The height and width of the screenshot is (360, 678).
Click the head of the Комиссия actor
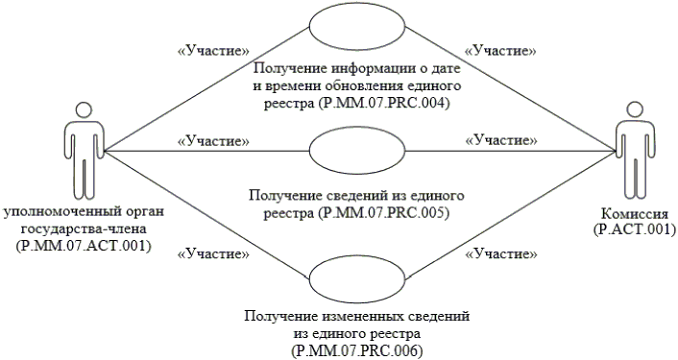pyautogui.click(x=635, y=109)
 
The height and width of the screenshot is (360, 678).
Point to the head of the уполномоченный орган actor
pyautogui.click(x=84, y=109)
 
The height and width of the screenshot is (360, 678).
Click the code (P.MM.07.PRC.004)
pyautogui.click(x=382, y=104)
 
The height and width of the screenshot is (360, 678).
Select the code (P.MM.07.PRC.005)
pyautogui.click(x=382, y=213)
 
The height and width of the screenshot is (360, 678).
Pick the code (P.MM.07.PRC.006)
pyautogui.click(x=357, y=350)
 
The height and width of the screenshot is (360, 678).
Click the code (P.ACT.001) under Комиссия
pyautogui.click(x=635, y=229)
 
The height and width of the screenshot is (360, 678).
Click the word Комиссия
pyautogui.click(x=635, y=213)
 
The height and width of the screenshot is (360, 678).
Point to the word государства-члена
pyautogui.click(x=84, y=229)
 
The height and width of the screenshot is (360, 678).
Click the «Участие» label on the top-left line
pyautogui.click(x=213, y=51)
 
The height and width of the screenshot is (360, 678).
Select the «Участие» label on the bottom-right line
pyautogui.click(x=500, y=253)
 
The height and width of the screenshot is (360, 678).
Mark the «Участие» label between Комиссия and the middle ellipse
pyautogui.click(x=500, y=140)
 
